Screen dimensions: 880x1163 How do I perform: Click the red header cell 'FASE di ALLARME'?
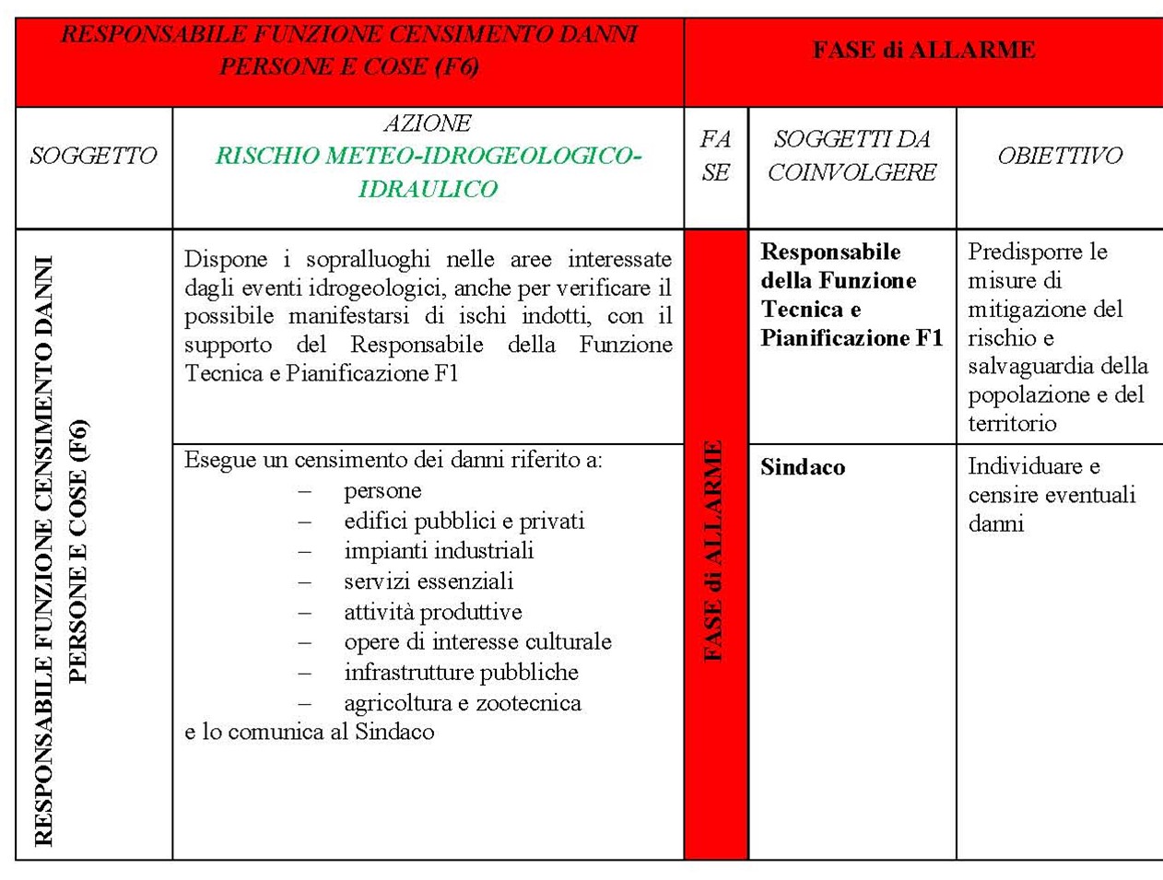click(923, 50)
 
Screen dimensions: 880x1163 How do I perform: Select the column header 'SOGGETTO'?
click(93, 156)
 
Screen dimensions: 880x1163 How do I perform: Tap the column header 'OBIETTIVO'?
click(1060, 156)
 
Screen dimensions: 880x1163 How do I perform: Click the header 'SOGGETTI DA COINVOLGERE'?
click(852, 156)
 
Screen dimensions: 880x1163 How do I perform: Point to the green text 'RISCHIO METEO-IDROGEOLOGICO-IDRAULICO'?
click(428, 172)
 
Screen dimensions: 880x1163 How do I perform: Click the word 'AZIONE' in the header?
click(428, 123)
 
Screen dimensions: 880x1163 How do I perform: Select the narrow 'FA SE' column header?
click(715, 156)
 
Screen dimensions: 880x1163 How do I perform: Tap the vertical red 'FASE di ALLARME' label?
click(713, 550)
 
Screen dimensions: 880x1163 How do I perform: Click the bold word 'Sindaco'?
click(802, 467)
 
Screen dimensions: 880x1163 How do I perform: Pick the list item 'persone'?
click(382, 491)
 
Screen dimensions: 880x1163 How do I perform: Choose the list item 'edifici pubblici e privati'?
click(464, 522)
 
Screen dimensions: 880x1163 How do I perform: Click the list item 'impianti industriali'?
click(439, 551)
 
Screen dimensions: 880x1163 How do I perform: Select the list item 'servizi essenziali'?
click(429, 581)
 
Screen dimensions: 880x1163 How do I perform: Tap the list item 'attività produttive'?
click(432, 612)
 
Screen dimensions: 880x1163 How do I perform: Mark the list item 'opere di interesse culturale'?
click(477, 642)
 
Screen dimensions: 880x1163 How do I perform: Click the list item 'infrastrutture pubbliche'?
click(461, 673)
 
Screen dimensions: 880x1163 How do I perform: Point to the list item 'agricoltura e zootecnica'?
click(463, 703)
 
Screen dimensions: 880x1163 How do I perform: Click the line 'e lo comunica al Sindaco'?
click(309, 732)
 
